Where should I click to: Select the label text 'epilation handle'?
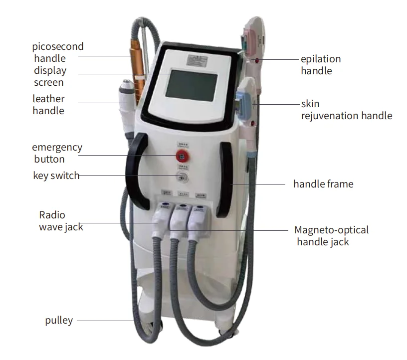(320, 65)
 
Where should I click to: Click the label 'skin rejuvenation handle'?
(346, 110)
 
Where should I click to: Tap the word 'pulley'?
(58, 321)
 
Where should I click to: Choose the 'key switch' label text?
(56, 176)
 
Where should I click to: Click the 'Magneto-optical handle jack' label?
(331, 236)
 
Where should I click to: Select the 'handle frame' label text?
(323, 184)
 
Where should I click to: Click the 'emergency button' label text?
(57, 154)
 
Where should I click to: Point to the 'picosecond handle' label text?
(57, 52)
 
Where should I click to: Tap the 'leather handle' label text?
(48, 105)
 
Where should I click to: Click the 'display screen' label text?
(50, 76)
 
